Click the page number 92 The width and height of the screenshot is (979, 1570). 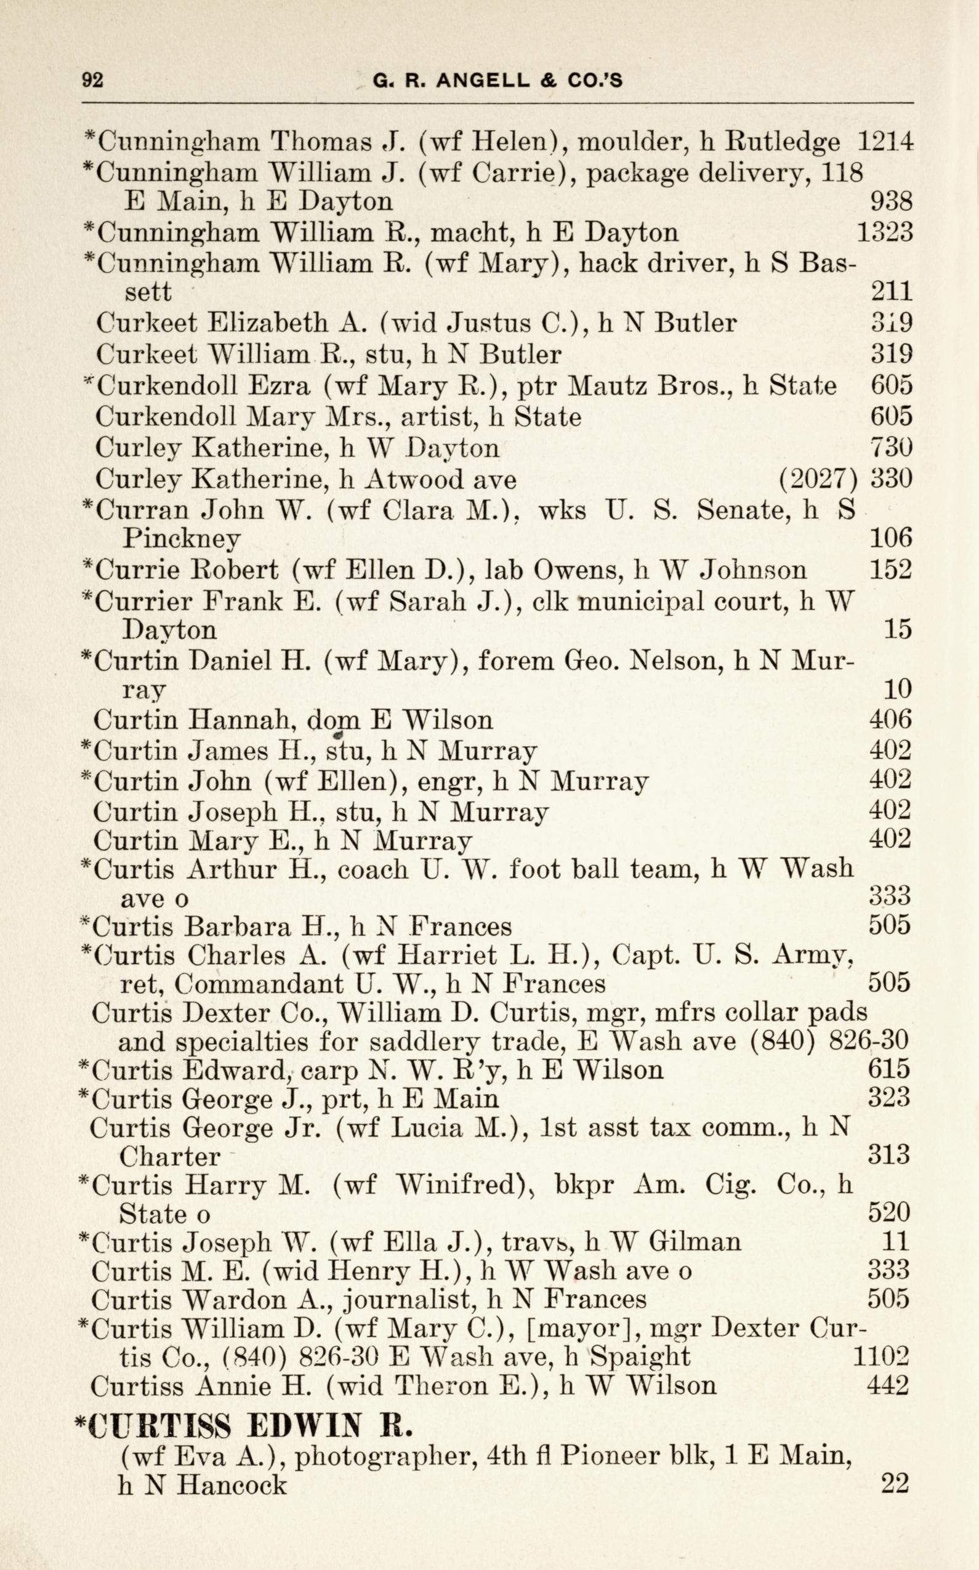[x=92, y=79]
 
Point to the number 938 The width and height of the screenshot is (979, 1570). [x=891, y=201]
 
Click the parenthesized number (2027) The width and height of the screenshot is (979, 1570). [x=818, y=478]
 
